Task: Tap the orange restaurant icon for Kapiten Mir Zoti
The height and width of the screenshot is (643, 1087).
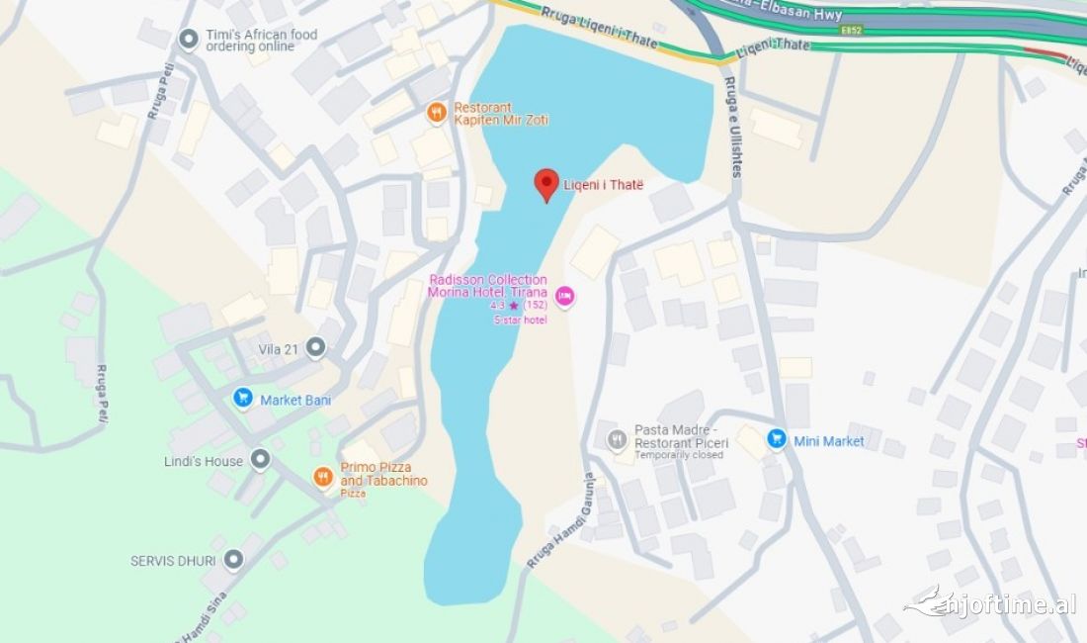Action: point(436,114)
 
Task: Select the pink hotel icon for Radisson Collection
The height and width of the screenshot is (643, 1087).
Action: point(564,295)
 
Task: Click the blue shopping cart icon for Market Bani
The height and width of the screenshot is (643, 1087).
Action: point(243,399)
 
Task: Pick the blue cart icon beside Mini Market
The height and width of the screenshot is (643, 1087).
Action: point(777,439)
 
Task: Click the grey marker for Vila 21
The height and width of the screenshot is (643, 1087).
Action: point(315,347)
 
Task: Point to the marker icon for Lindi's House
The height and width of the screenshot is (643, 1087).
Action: point(260,460)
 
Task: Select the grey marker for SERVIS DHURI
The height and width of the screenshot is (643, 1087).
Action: point(233,560)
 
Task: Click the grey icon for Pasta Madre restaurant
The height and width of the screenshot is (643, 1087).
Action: point(618,439)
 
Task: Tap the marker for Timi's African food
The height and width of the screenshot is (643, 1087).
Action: point(189,40)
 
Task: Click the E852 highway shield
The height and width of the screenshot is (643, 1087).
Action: point(851,31)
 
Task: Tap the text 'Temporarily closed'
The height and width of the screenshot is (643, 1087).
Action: point(679,455)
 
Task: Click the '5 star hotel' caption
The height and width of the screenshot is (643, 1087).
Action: point(520,319)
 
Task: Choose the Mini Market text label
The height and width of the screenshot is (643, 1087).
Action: point(829,441)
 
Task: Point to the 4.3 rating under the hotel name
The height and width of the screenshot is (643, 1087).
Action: point(497,306)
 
